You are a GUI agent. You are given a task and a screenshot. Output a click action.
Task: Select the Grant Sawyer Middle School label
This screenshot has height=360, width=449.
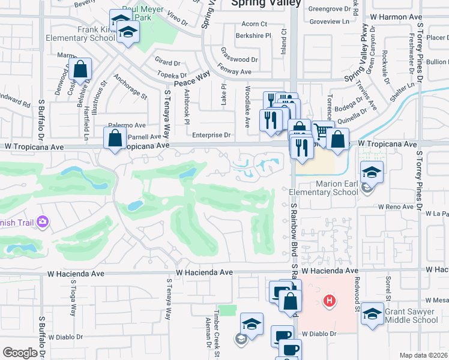click(409, 316)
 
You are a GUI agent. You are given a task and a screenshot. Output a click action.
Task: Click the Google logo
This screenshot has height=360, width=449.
click(20, 352)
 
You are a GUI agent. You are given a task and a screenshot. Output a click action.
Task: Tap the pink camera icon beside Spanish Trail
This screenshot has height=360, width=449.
click(43, 223)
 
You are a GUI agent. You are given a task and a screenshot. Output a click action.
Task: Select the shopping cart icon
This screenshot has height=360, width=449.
click(322, 131)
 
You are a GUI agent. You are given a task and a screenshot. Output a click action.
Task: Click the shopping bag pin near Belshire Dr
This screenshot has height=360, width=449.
click(80, 70)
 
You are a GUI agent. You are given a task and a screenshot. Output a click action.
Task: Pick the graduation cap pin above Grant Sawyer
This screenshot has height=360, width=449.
click(372, 313)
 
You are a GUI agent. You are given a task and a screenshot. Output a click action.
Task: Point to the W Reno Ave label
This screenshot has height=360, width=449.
click(396, 207)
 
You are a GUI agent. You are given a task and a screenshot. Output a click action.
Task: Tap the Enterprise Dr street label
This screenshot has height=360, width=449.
click(211, 136)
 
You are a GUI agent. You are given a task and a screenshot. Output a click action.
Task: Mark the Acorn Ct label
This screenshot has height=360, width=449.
click(254, 24)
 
